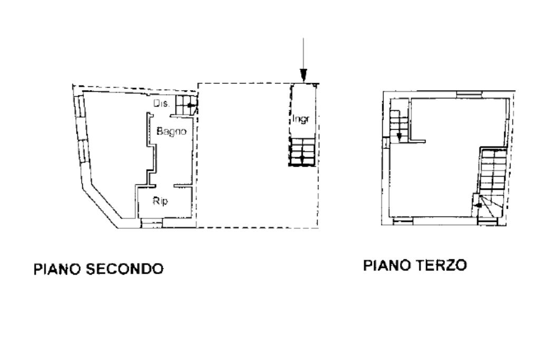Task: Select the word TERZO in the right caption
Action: pyautogui.click(x=442, y=265)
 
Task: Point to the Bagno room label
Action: pyautogui.click(x=171, y=131)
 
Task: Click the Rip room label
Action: pyautogui.click(x=160, y=201)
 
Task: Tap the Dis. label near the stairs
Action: pyautogui.click(x=161, y=103)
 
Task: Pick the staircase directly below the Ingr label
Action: pyautogui.click(x=303, y=152)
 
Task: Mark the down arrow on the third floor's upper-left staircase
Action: pyautogui.click(x=399, y=136)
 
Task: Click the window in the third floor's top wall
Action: pyautogui.click(x=469, y=94)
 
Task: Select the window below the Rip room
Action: pyautogui.click(x=152, y=224)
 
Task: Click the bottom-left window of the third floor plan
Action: pyautogui.click(x=403, y=221)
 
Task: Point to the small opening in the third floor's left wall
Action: pyautogui.click(x=386, y=142)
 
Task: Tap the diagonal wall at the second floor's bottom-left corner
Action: pyautogui.click(x=104, y=202)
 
